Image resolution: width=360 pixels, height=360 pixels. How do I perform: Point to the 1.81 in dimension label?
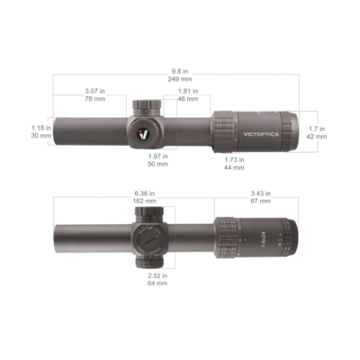(x=188, y=91)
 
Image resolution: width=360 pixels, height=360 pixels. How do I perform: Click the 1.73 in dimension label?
(x=234, y=158)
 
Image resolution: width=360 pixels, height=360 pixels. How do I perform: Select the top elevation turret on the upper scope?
(x=146, y=106)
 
